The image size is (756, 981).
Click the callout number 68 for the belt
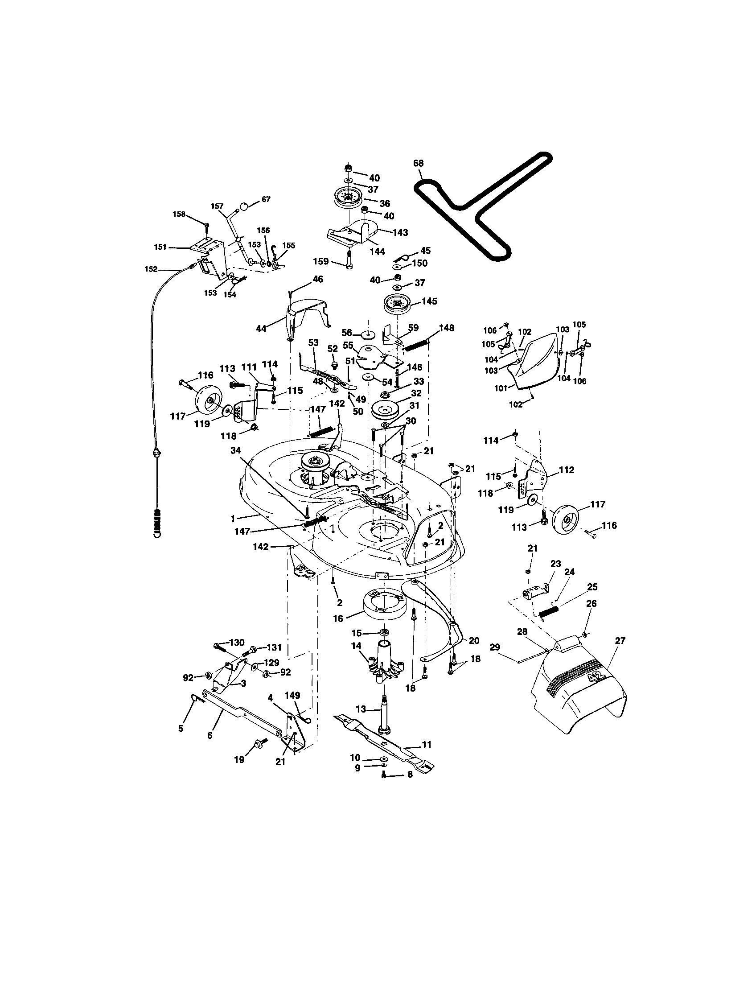(418, 164)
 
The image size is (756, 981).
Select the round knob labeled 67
(243, 206)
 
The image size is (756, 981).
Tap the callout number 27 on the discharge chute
(620, 640)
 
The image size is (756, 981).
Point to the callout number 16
(338, 618)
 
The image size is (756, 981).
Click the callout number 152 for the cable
(151, 269)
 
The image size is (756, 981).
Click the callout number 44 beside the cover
(261, 328)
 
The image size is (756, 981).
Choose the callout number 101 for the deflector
(501, 388)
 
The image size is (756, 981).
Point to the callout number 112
(567, 470)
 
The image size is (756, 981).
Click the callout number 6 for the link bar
(210, 735)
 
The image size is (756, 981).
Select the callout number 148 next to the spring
(447, 328)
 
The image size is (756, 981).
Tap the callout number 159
(321, 261)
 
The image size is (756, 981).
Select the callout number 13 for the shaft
(361, 709)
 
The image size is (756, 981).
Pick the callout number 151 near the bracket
(160, 247)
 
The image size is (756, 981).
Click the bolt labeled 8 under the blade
(384, 774)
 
